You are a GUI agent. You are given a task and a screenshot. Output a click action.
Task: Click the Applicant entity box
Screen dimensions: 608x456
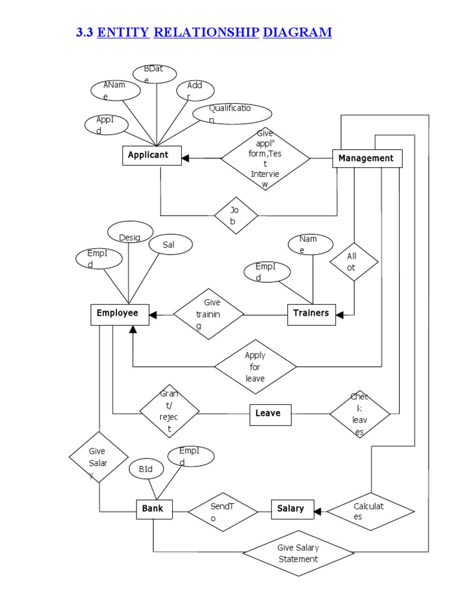coord(147,156)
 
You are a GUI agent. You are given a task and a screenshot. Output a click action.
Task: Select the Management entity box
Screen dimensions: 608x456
coord(367,159)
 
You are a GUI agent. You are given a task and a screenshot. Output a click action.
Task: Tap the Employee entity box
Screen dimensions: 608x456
coord(118,313)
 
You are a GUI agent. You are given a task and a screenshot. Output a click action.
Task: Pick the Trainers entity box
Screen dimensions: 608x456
coord(311,313)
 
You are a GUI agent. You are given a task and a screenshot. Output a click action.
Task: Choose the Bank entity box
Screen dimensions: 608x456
coord(153,509)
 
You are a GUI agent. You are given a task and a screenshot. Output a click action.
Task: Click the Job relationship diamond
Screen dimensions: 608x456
coord(236,216)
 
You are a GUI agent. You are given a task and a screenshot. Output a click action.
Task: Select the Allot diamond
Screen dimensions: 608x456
coord(354,262)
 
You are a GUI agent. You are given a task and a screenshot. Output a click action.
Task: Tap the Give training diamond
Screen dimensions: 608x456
coord(208,314)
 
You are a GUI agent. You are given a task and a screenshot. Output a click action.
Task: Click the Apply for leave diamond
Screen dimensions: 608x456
coord(255,367)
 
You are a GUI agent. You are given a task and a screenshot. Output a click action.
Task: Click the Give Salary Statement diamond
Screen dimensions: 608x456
coord(297,553)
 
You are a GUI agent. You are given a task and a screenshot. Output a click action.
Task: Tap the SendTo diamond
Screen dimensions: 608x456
coord(223,510)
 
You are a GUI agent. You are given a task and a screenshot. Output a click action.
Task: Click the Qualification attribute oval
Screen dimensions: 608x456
coord(232,113)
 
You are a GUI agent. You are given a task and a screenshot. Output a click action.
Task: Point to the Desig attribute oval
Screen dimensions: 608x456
coord(130,235)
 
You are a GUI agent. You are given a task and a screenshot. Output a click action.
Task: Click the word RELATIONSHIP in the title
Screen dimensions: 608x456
coord(206,33)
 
